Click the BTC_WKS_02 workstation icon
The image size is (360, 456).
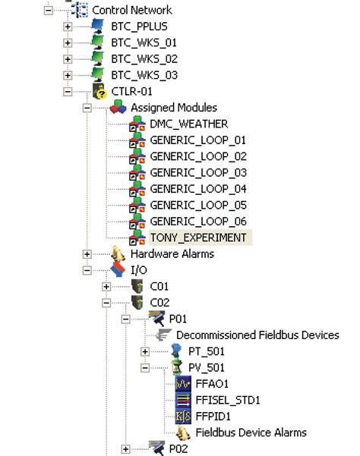pos(98,58)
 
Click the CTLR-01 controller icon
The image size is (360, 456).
pos(98,91)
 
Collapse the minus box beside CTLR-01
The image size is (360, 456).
pos(68,91)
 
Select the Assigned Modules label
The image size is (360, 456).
pos(174,108)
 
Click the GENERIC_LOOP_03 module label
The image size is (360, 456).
pos(198,172)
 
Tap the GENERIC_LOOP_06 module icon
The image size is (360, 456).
pos(137,221)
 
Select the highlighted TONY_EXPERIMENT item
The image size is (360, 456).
pos(197,237)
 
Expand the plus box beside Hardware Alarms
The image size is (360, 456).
pos(87,253)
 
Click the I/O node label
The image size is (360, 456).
pos(140,269)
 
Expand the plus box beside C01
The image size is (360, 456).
pos(106,286)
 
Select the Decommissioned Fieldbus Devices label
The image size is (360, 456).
pos(257,335)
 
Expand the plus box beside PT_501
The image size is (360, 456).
pos(145,351)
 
